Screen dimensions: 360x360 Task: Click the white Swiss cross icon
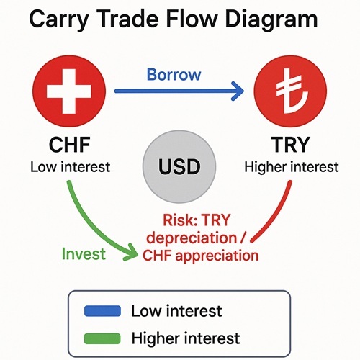coord(69,91)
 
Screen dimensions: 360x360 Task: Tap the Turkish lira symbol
coord(291,91)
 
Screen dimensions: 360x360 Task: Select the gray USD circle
coord(179,166)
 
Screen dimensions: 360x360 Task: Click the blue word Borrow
coord(174,75)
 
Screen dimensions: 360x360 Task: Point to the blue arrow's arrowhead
coord(238,91)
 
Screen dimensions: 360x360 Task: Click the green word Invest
coord(84,254)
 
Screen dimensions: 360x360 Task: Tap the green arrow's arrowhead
coord(131,253)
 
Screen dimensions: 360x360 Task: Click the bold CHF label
coord(70,145)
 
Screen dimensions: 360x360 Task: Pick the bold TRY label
coord(291,145)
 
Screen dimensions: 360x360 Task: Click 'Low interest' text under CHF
coord(71,167)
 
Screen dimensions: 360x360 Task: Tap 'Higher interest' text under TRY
coord(292,167)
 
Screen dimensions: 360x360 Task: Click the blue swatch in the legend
coord(102,311)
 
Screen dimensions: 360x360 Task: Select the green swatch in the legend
coord(102,338)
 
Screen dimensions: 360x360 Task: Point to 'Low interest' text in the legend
coord(176,311)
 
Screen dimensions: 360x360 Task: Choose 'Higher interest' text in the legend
coord(186,338)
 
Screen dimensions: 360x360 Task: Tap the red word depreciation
coord(192,238)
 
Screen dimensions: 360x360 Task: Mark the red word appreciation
coord(217,256)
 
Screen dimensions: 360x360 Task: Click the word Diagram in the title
coord(271,19)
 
